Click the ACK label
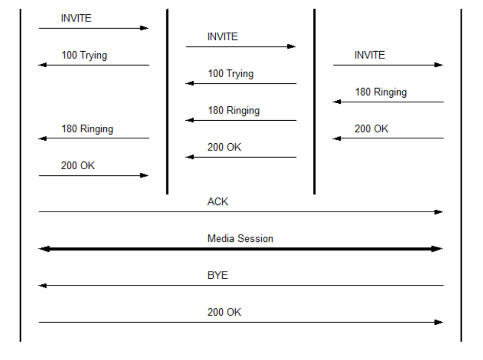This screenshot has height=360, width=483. coord(218,201)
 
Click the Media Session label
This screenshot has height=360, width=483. coord(240,238)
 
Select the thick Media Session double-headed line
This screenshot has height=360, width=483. coord(240,249)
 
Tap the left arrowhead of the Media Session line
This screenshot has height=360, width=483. coord(43,249)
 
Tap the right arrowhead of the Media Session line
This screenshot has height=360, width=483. coord(438,249)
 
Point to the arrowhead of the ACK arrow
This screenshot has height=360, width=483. coord(439,212)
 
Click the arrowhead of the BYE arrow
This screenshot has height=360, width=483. coord(42,286)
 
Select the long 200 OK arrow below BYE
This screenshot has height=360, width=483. coord(240,322)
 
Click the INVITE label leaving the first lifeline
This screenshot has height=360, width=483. coord(76,18)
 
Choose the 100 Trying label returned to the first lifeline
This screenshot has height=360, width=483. coord(84,55)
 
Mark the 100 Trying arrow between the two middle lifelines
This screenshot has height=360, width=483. coord(240,83)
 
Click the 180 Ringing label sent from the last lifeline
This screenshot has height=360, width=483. coord(381,92)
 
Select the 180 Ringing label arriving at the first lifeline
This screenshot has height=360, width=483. coord(87,129)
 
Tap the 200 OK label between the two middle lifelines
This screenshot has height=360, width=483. coord(224,147)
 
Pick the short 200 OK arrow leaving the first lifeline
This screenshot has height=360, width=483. coord(93,175)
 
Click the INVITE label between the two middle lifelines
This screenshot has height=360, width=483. coord(223,37)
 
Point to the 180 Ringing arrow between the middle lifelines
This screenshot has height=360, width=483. coord(240,120)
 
